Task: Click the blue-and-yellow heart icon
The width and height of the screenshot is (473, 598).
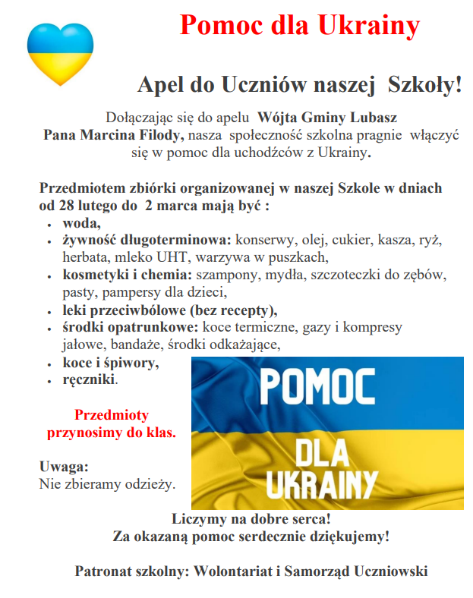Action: pyautogui.click(x=60, y=53)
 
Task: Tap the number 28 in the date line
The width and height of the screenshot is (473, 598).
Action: pyautogui.click(x=67, y=205)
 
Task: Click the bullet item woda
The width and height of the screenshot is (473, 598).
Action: pyautogui.click(x=80, y=223)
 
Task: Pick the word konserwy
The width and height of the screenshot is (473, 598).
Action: pyautogui.click(x=263, y=241)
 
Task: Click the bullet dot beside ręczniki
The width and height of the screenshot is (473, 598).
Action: pyautogui.click(x=49, y=379)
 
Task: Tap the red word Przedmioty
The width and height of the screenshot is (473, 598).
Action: pyautogui.click(x=112, y=415)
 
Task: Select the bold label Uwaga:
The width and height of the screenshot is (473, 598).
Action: pyautogui.click(x=64, y=467)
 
